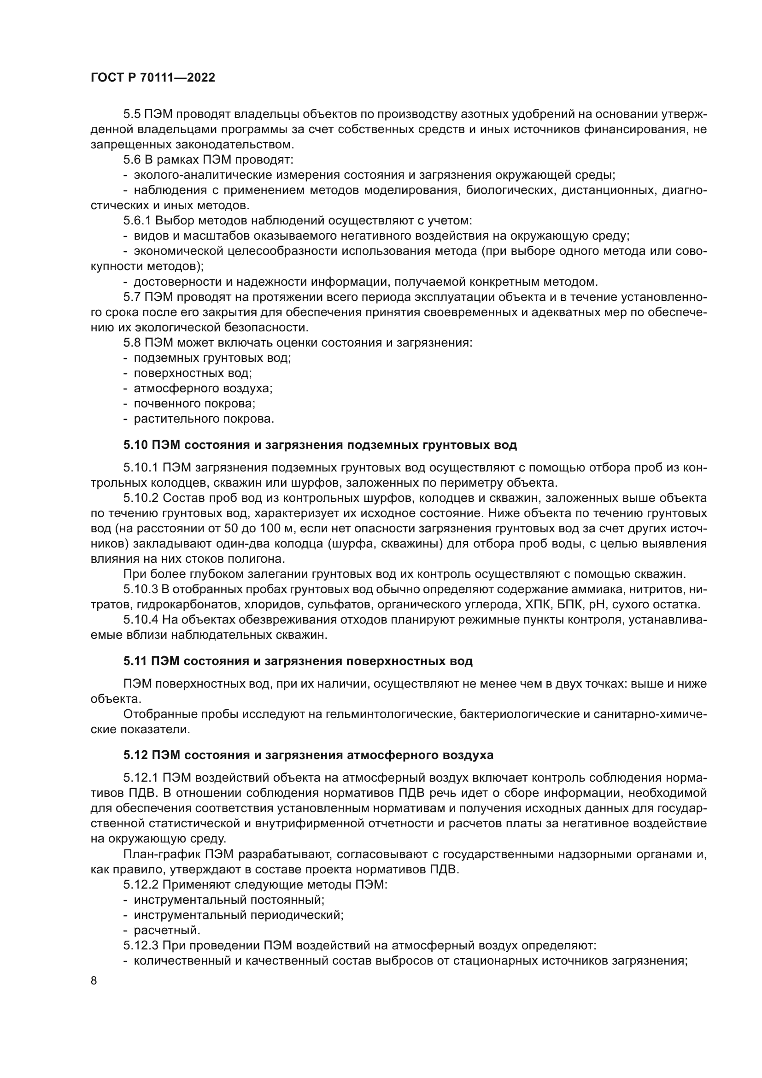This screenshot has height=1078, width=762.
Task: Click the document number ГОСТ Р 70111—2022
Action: (152, 78)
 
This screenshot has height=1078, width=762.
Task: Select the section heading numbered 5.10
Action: (320, 445)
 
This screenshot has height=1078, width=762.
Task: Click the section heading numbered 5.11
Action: (298, 661)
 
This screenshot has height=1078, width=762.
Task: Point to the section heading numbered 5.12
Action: (308, 755)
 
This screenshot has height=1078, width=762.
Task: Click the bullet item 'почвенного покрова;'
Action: (194, 403)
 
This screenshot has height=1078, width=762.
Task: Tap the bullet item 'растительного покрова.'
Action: (204, 418)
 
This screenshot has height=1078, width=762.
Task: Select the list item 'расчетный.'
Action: (167, 930)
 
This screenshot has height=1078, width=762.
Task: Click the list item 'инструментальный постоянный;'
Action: (229, 900)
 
